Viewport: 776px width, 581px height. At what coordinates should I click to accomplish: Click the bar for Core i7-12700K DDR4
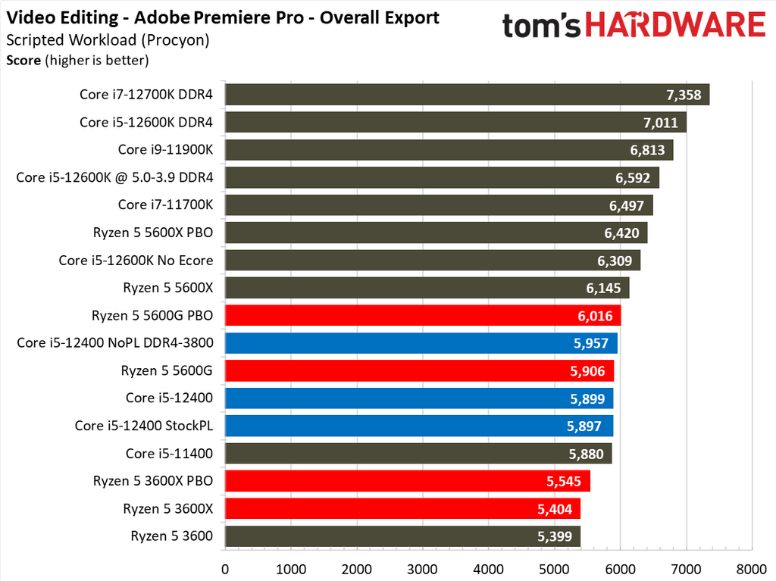[x=467, y=95]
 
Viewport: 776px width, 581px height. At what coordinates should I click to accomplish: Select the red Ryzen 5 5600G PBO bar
[x=423, y=316]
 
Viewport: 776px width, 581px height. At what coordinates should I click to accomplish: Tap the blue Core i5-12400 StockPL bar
[x=419, y=426]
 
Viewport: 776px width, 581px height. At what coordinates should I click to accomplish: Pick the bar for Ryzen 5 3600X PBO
[x=407, y=481]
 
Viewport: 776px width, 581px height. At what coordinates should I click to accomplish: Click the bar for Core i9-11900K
[x=449, y=150]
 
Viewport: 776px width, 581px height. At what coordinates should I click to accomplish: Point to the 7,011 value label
[x=662, y=123]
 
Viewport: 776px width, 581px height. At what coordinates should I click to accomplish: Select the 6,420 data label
[x=622, y=233]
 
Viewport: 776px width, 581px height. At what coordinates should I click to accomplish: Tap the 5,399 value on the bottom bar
[x=555, y=536]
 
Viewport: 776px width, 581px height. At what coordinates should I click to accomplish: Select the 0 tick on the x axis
[x=225, y=568]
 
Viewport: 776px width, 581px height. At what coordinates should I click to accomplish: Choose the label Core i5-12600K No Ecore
[x=136, y=261]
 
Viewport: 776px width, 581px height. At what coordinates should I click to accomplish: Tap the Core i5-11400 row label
[x=169, y=454]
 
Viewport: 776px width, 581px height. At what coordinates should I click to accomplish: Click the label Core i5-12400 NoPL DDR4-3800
[x=114, y=343]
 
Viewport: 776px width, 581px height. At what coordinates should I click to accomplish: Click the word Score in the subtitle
[x=23, y=60]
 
